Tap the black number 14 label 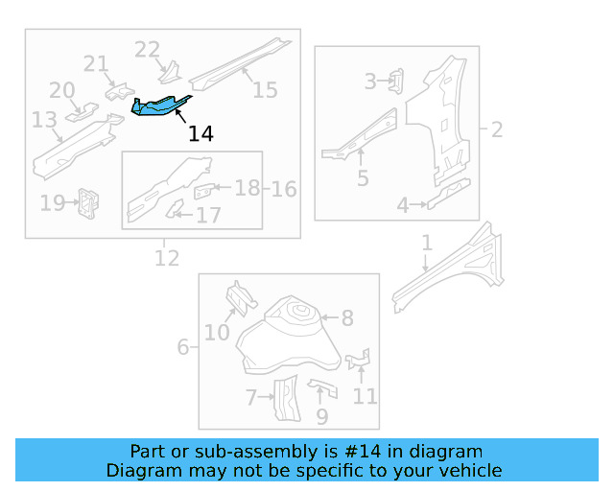201,134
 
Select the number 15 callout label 265,90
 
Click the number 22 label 147,49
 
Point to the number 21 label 96,64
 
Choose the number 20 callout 62,90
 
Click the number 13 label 44,120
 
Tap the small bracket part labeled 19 89,202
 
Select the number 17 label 208,216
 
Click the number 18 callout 248,188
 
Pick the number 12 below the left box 167,257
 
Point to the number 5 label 363,177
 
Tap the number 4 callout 404,204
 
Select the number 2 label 497,129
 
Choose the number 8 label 347,317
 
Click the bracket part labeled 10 238,297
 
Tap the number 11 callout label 365,395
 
